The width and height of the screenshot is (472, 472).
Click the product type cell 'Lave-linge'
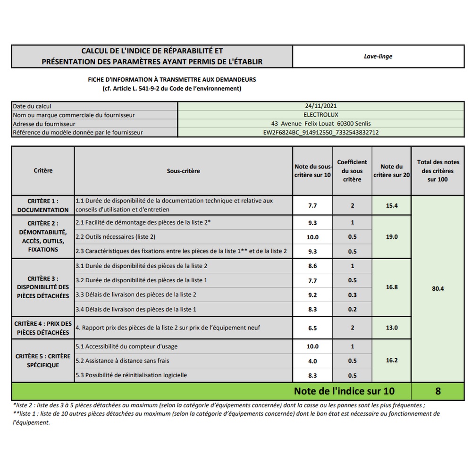point(378,56)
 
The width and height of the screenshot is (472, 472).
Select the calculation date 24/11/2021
point(320,106)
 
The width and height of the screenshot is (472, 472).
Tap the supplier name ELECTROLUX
point(320,115)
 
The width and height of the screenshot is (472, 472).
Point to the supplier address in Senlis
point(320,124)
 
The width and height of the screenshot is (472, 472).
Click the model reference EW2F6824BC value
point(320,133)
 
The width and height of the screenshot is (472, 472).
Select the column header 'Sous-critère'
point(183,171)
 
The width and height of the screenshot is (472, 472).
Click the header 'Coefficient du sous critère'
point(352,171)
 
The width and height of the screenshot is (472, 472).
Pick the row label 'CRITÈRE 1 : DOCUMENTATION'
point(43,205)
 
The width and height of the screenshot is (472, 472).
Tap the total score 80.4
point(438,288)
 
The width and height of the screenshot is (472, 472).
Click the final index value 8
point(438,391)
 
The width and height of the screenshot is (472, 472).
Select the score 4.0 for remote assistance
point(312,361)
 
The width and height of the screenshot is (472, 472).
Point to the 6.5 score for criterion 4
point(312,328)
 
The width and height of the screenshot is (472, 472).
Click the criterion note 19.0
point(392,237)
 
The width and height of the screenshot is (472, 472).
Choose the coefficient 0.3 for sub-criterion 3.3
point(352,295)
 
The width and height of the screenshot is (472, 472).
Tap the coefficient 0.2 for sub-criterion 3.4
point(352,310)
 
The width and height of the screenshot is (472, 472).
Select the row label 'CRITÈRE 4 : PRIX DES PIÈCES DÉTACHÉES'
point(43,328)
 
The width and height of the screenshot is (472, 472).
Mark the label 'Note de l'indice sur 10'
point(344,391)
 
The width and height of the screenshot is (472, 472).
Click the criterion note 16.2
point(392,360)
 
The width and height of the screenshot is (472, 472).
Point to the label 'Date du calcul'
point(32,106)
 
